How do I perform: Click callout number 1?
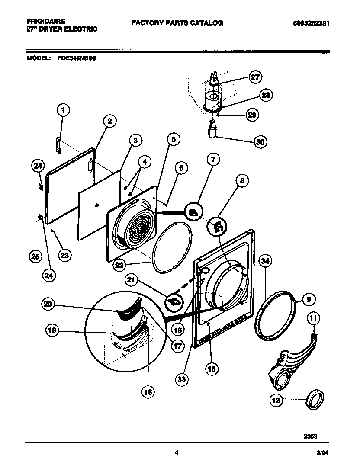[x=63, y=111]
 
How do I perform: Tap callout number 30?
[x=260, y=141]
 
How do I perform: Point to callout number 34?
[x=266, y=261]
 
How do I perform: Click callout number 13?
[x=276, y=401]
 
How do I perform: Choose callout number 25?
[x=35, y=256]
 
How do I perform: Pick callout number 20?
[x=48, y=305]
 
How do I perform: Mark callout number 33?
[x=182, y=379]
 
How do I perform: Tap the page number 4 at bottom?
[x=176, y=452]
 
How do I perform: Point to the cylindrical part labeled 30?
[x=212, y=129]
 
